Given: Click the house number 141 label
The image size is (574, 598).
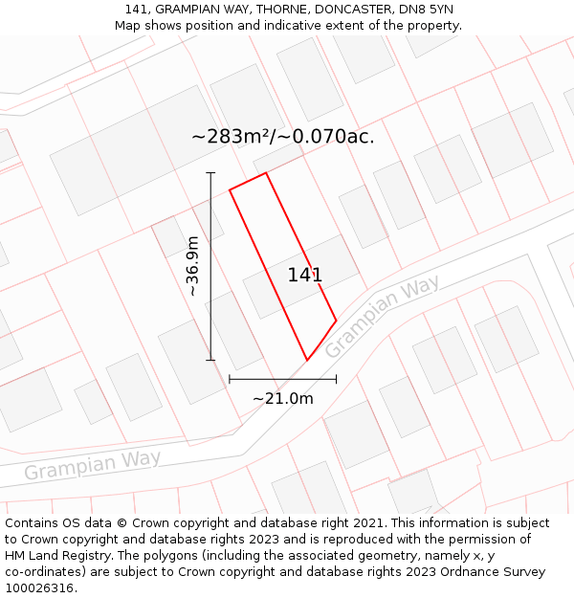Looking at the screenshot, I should pyautogui.click(x=305, y=276).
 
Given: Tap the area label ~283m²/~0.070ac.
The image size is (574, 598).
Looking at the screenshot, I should pyautogui.click(x=282, y=137).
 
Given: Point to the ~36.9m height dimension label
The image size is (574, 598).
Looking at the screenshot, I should pyautogui.click(x=193, y=266).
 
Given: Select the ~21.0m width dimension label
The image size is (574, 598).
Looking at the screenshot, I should pyautogui.click(x=282, y=398).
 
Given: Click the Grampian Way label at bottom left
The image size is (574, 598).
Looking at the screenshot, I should pyautogui.click(x=92, y=466).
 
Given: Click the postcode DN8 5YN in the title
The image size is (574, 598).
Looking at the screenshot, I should pyautogui.click(x=428, y=10).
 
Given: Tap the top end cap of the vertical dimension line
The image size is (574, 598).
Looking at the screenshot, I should pyautogui.click(x=210, y=173).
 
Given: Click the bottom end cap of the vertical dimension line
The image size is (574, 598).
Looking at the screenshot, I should pyautogui.click(x=210, y=361).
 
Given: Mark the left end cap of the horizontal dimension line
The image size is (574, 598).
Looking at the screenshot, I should pyautogui.click(x=230, y=380).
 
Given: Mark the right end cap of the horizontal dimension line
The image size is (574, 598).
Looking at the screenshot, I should pyautogui.click(x=337, y=380).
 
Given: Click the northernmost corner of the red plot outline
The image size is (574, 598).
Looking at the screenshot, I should pyautogui.click(x=266, y=173).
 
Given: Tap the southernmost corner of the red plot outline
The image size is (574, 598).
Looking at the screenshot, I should pyautogui.click(x=307, y=361).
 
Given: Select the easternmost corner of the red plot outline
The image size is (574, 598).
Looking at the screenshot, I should pyautogui.click(x=337, y=321).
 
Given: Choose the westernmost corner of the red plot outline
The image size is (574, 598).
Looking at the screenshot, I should pyautogui.click(x=230, y=189).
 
